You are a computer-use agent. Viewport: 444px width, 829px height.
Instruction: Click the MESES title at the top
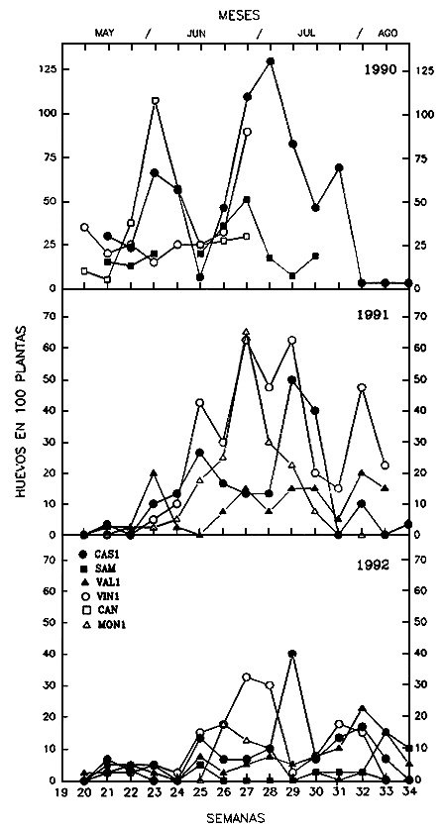(239, 15)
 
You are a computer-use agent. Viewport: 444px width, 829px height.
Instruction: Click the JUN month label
(196, 33)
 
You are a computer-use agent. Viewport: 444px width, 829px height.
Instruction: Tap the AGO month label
(388, 33)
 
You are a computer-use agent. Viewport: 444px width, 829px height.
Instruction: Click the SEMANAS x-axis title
(235, 817)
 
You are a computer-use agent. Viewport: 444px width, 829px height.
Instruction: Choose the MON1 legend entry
(104, 625)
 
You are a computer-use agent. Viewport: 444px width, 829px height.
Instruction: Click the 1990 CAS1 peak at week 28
(270, 61)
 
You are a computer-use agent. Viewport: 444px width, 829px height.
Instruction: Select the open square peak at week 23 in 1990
(155, 100)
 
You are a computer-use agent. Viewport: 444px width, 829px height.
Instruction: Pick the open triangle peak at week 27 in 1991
(246, 332)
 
